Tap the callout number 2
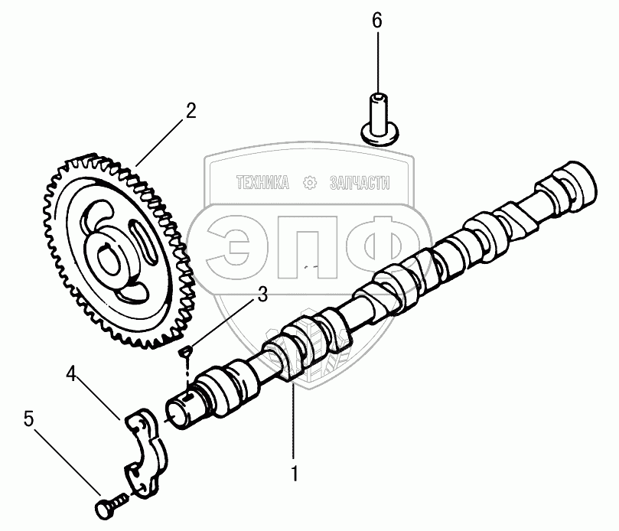189,109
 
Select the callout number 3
262,294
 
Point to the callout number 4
71,374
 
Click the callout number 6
376,21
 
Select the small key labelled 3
184,351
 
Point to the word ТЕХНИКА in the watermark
262,183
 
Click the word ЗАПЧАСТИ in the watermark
359,183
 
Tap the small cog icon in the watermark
310,183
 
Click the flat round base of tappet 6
380,135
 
